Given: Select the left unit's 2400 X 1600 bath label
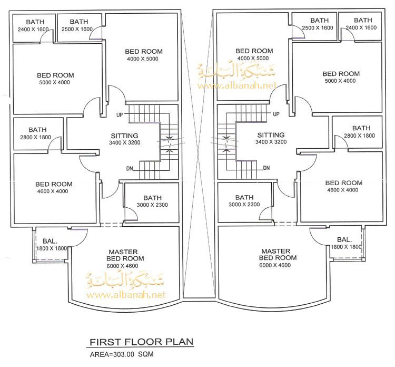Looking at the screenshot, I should (x=33, y=29).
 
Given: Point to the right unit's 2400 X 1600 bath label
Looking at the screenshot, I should (x=358, y=27).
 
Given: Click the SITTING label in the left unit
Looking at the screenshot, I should (x=125, y=136).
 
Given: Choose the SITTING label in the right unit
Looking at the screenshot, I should (x=270, y=135).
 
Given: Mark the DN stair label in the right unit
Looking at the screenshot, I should (x=266, y=168).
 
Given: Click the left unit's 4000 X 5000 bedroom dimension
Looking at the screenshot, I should (x=143, y=59).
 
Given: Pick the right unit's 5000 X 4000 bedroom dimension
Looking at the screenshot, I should (x=341, y=81).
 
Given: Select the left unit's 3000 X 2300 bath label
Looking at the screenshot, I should (x=152, y=205).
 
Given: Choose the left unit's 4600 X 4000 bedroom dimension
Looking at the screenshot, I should (x=54, y=191).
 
